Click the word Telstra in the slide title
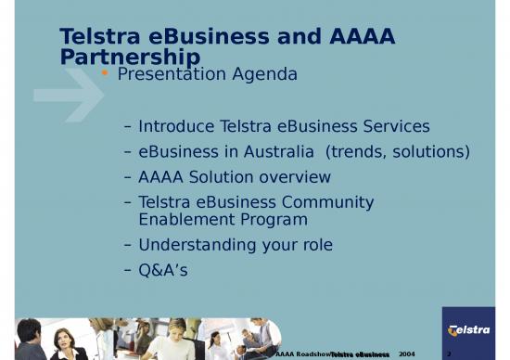pyautogui.click(x=96, y=36)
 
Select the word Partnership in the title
pyautogui.click(x=130, y=58)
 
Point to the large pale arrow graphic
pyautogui.click(x=69, y=94)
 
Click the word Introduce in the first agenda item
pyautogui.click(x=177, y=126)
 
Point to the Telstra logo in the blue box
pyautogui.click(x=468, y=330)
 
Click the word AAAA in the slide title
pyautogui.click(x=363, y=36)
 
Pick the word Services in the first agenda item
pyautogui.click(x=400, y=126)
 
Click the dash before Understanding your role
pyautogui.click(x=127, y=245)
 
